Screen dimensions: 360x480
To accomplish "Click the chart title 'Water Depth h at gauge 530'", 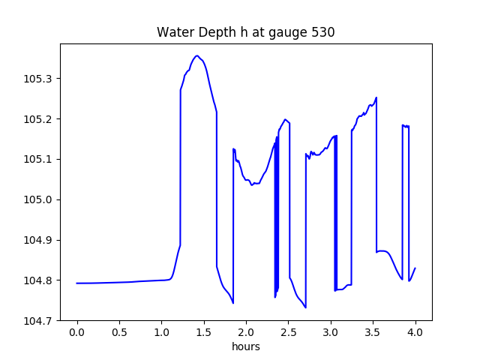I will click(x=245, y=33).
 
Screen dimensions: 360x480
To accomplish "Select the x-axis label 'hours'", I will click(x=245, y=347).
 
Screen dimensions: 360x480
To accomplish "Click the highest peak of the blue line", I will click(x=197, y=55).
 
